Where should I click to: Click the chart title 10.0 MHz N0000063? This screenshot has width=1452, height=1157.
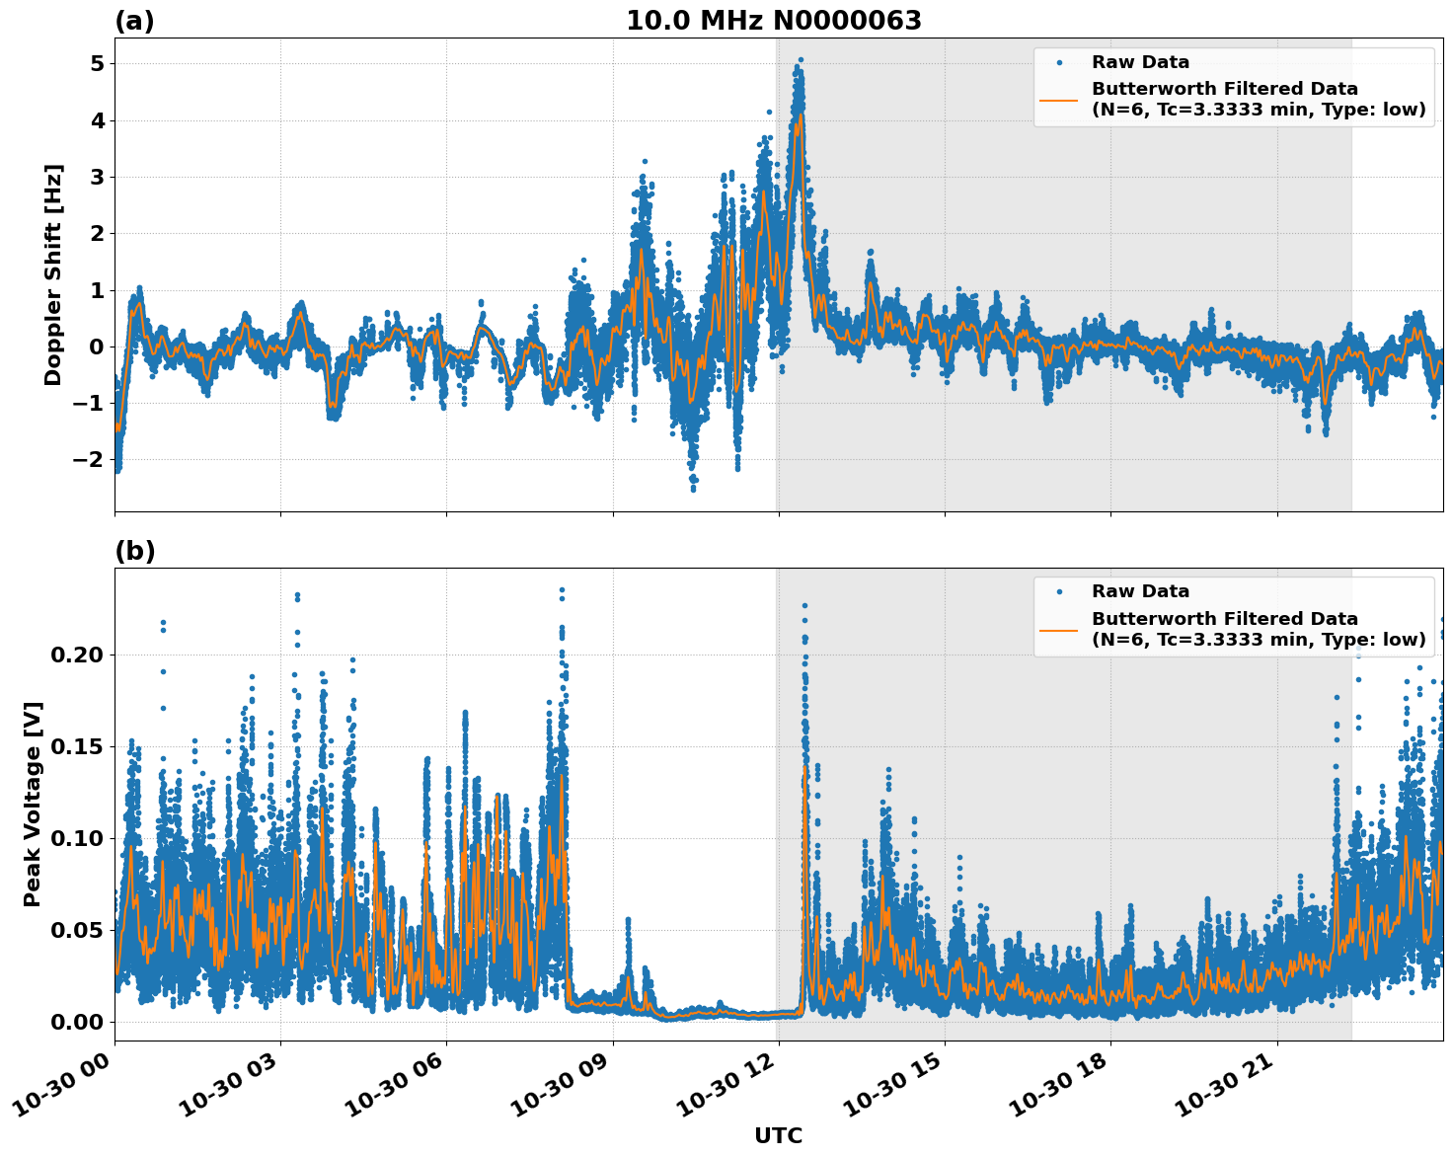pyautogui.click(x=773, y=21)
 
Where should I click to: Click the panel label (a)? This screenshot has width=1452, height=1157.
pyautogui.click(x=134, y=21)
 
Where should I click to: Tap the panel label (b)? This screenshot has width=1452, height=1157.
pyautogui.click(x=134, y=551)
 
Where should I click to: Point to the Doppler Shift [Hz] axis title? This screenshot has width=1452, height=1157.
pyautogui.click(x=53, y=274)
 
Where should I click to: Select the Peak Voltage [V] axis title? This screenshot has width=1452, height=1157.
pyautogui.click(x=33, y=804)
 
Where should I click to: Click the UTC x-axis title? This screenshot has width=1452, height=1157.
pyautogui.click(x=778, y=1135)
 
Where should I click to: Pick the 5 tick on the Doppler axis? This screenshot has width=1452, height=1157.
pyautogui.click(x=97, y=64)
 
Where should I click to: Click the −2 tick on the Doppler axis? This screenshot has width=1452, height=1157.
pyautogui.click(x=91, y=460)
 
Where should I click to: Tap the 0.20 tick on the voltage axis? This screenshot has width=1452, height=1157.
pyautogui.click(x=76, y=656)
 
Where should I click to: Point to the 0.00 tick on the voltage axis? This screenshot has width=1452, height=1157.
pyautogui.click(x=76, y=1022)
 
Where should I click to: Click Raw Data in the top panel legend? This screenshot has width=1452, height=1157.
pyautogui.click(x=1140, y=62)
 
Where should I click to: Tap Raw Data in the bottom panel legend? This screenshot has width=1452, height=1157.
pyautogui.click(x=1140, y=591)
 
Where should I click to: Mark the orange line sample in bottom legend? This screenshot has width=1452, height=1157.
pyautogui.click(x=1058, y=629)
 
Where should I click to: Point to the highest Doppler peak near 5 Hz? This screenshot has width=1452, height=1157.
pyautogui.click(x=801, y=60)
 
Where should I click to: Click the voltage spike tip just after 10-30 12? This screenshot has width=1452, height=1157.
pyautogui.click(x=804, y=605)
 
